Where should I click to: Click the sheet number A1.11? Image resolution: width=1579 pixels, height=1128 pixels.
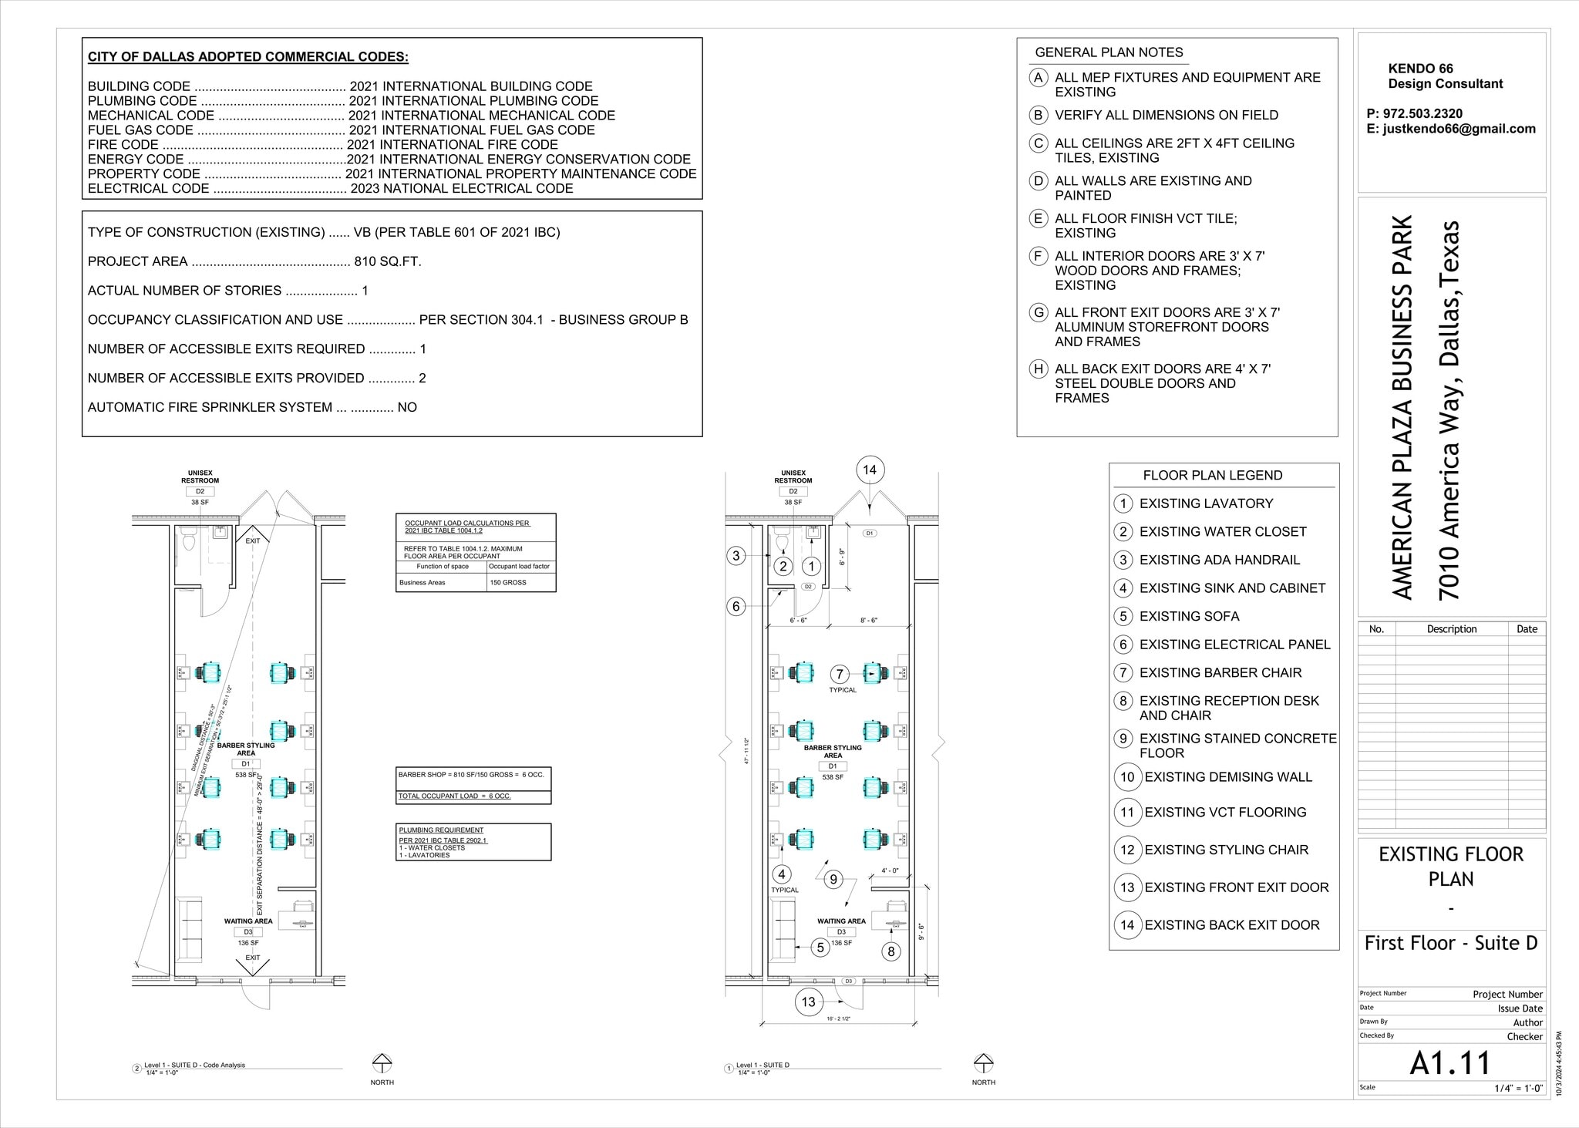(x=1450, y=1062)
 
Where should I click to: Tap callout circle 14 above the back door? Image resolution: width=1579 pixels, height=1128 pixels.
(x=870, y=470)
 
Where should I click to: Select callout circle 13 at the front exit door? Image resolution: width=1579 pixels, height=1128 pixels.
(x=808, y=1002)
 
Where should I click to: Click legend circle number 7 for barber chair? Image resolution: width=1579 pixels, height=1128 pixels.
(x=1123, y=672)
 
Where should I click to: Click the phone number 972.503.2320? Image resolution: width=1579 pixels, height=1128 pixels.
(x=1422, y=113)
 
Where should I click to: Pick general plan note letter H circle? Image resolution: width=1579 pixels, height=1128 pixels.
(x=1039, y=369)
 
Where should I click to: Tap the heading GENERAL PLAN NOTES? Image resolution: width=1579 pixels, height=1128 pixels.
(x=1109, y=52)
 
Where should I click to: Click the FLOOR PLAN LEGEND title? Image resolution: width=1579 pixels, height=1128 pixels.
(x=1212, y=475)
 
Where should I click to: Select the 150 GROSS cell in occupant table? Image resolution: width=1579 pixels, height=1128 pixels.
(x=508, y=582)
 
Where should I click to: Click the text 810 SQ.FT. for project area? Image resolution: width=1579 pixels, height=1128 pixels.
(x=388, y=261)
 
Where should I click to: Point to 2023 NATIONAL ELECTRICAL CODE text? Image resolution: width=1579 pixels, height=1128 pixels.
(x=462, y=188)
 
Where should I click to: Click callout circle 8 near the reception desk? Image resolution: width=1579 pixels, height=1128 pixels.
(x=891, y=951)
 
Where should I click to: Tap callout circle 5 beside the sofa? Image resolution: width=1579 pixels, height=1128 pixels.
(x=820, y=948)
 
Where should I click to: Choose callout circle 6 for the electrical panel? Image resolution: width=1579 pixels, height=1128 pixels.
(x=736, y=607)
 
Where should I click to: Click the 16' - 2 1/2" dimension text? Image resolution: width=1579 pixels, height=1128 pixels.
(x=840, y=1019)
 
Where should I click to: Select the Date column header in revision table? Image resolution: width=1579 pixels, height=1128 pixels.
(x=1527, y=629)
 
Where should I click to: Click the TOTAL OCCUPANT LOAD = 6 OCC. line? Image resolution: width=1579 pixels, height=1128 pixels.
(x=454, y=796)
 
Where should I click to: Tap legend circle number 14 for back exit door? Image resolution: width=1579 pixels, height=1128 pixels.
(x=1127, y=924)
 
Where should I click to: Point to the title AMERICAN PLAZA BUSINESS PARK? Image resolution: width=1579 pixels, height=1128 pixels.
(x=1403, y=407)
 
